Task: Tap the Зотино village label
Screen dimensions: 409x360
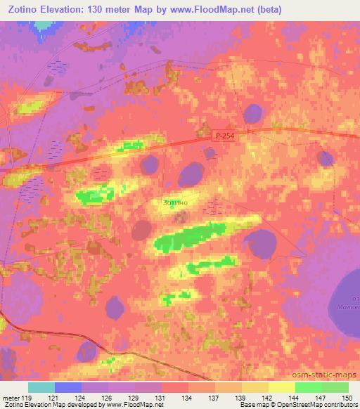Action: (x=174, y=203)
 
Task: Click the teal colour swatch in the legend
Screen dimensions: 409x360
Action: (x=41, y=387)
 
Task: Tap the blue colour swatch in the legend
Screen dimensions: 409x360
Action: (x=68, y=387)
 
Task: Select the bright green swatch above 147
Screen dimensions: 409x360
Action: (x=309, y=387)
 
